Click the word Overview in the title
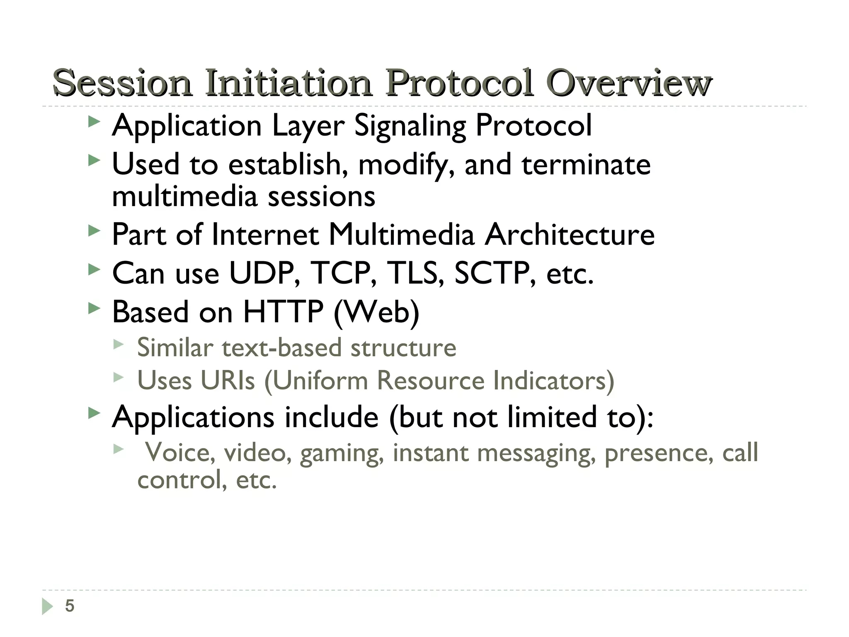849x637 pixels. click(x=629, y=83)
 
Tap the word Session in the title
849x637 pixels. click(x=122, y=83)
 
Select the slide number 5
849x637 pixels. click(x=70, y=606)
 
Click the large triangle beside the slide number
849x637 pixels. click(x=48, y=606)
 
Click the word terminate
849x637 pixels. click(x=586, y=165)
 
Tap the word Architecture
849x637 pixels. click(x=570, y=235)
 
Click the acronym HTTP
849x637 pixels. click(x=283, y=312)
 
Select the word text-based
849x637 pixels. click(x=281, y=348)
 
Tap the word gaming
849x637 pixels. click(x=341, y=452)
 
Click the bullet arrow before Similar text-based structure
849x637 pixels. click(x=119, y=344)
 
